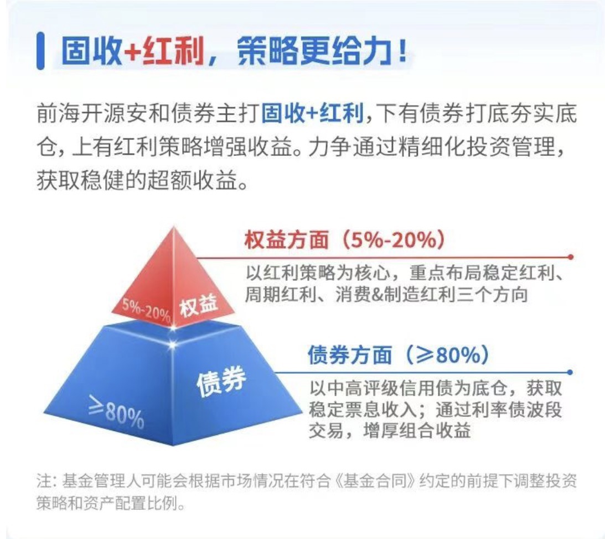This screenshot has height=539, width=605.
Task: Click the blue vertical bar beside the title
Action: click(40, 51)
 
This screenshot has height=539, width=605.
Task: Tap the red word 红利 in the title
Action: click(173, 51)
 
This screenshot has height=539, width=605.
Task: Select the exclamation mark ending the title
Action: click(403, 50)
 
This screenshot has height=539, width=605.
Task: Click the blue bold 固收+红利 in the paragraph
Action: click(313, 113)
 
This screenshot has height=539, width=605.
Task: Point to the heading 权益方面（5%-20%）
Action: click(345, 239)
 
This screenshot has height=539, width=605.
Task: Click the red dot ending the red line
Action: click(571, 257)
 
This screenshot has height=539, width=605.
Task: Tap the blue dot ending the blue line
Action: click(570, 372)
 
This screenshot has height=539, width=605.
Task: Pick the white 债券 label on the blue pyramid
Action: click(221, 381)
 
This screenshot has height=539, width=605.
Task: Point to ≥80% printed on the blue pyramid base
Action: click(116, 412)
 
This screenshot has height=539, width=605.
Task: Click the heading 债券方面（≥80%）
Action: click(399, 354)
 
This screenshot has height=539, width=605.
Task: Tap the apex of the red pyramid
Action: click(174, 227)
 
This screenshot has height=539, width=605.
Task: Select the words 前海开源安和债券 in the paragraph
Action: click(126, 113)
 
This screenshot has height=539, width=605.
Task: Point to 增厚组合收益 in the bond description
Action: click(417, 430)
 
